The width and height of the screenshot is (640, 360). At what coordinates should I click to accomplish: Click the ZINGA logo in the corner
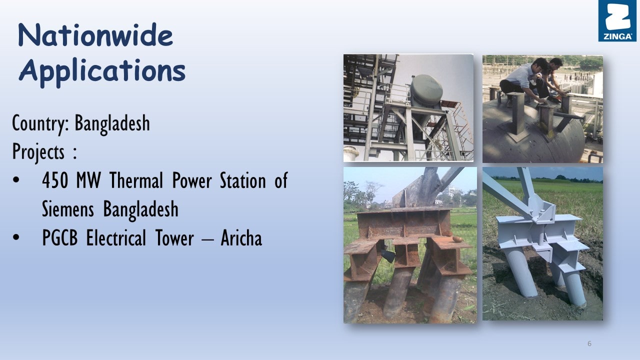(617, 20)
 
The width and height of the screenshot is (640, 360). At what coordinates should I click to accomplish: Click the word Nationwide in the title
(95, 35)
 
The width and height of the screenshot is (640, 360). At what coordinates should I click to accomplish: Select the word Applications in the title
(102, 71)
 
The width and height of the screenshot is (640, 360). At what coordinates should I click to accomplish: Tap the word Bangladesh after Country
(112, 123)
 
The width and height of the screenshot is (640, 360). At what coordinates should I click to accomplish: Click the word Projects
(38, 152)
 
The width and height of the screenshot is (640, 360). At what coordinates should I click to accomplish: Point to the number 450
(55, 180)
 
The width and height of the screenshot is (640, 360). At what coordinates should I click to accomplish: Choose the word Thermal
(136, 180)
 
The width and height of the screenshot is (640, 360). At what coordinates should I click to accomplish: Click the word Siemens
(67, 209)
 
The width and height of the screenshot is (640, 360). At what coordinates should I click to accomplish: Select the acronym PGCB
(59, 237)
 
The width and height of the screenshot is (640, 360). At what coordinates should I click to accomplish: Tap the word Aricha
(241, 237)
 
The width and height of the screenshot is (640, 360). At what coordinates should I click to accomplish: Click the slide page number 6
(589, 343)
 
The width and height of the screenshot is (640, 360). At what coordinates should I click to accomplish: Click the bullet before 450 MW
(16, 180)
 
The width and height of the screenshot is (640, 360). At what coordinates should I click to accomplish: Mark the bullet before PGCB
(16, 237)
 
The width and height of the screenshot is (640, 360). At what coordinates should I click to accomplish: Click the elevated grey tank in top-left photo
(426, 89)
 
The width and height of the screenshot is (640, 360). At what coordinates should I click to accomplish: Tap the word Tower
(174, 237)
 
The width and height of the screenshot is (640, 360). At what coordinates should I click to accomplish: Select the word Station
(243, 180)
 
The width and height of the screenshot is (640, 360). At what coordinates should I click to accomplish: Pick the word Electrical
(116, 237)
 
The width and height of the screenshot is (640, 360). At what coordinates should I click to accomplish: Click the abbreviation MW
(88, 180)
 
